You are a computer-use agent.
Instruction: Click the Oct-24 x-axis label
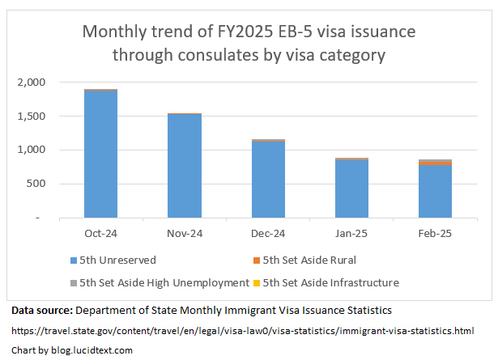[100, 234]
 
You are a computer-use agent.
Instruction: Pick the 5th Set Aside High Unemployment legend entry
[159, 283]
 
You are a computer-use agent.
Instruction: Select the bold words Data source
[40, 311]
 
